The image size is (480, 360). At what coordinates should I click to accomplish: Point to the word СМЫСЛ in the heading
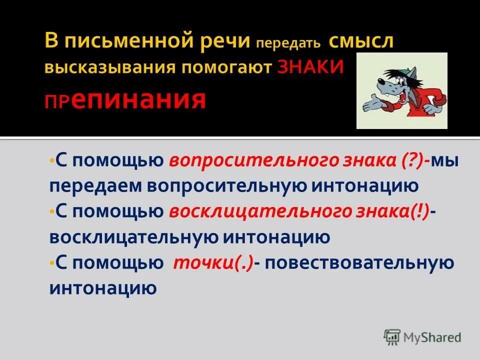[361, 41]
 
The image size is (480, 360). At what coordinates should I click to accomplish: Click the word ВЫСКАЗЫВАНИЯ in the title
[109, 67]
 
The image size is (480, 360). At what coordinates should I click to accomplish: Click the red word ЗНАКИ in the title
[310, 67]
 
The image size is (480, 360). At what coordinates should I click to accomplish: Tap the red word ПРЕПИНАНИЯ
[125, 99]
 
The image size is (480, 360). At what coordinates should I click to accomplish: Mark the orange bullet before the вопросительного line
[51, 161]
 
